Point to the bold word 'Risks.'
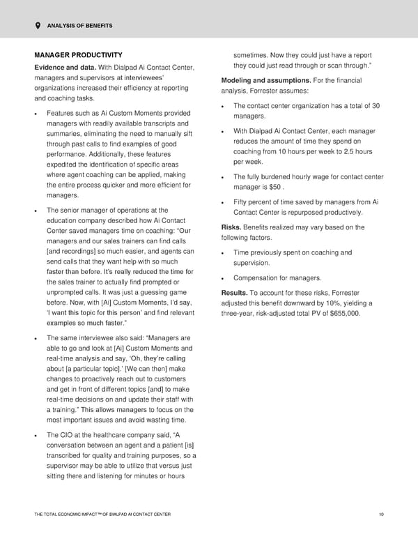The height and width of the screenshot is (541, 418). click(231, 227)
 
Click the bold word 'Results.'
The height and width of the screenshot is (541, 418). click(234, 292)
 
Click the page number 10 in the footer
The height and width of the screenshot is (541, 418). click(380, 515)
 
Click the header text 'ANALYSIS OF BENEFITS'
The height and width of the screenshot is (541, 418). click(79, 26)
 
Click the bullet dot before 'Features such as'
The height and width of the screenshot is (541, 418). click(36, 114)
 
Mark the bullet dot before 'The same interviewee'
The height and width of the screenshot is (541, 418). click(36, 337)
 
